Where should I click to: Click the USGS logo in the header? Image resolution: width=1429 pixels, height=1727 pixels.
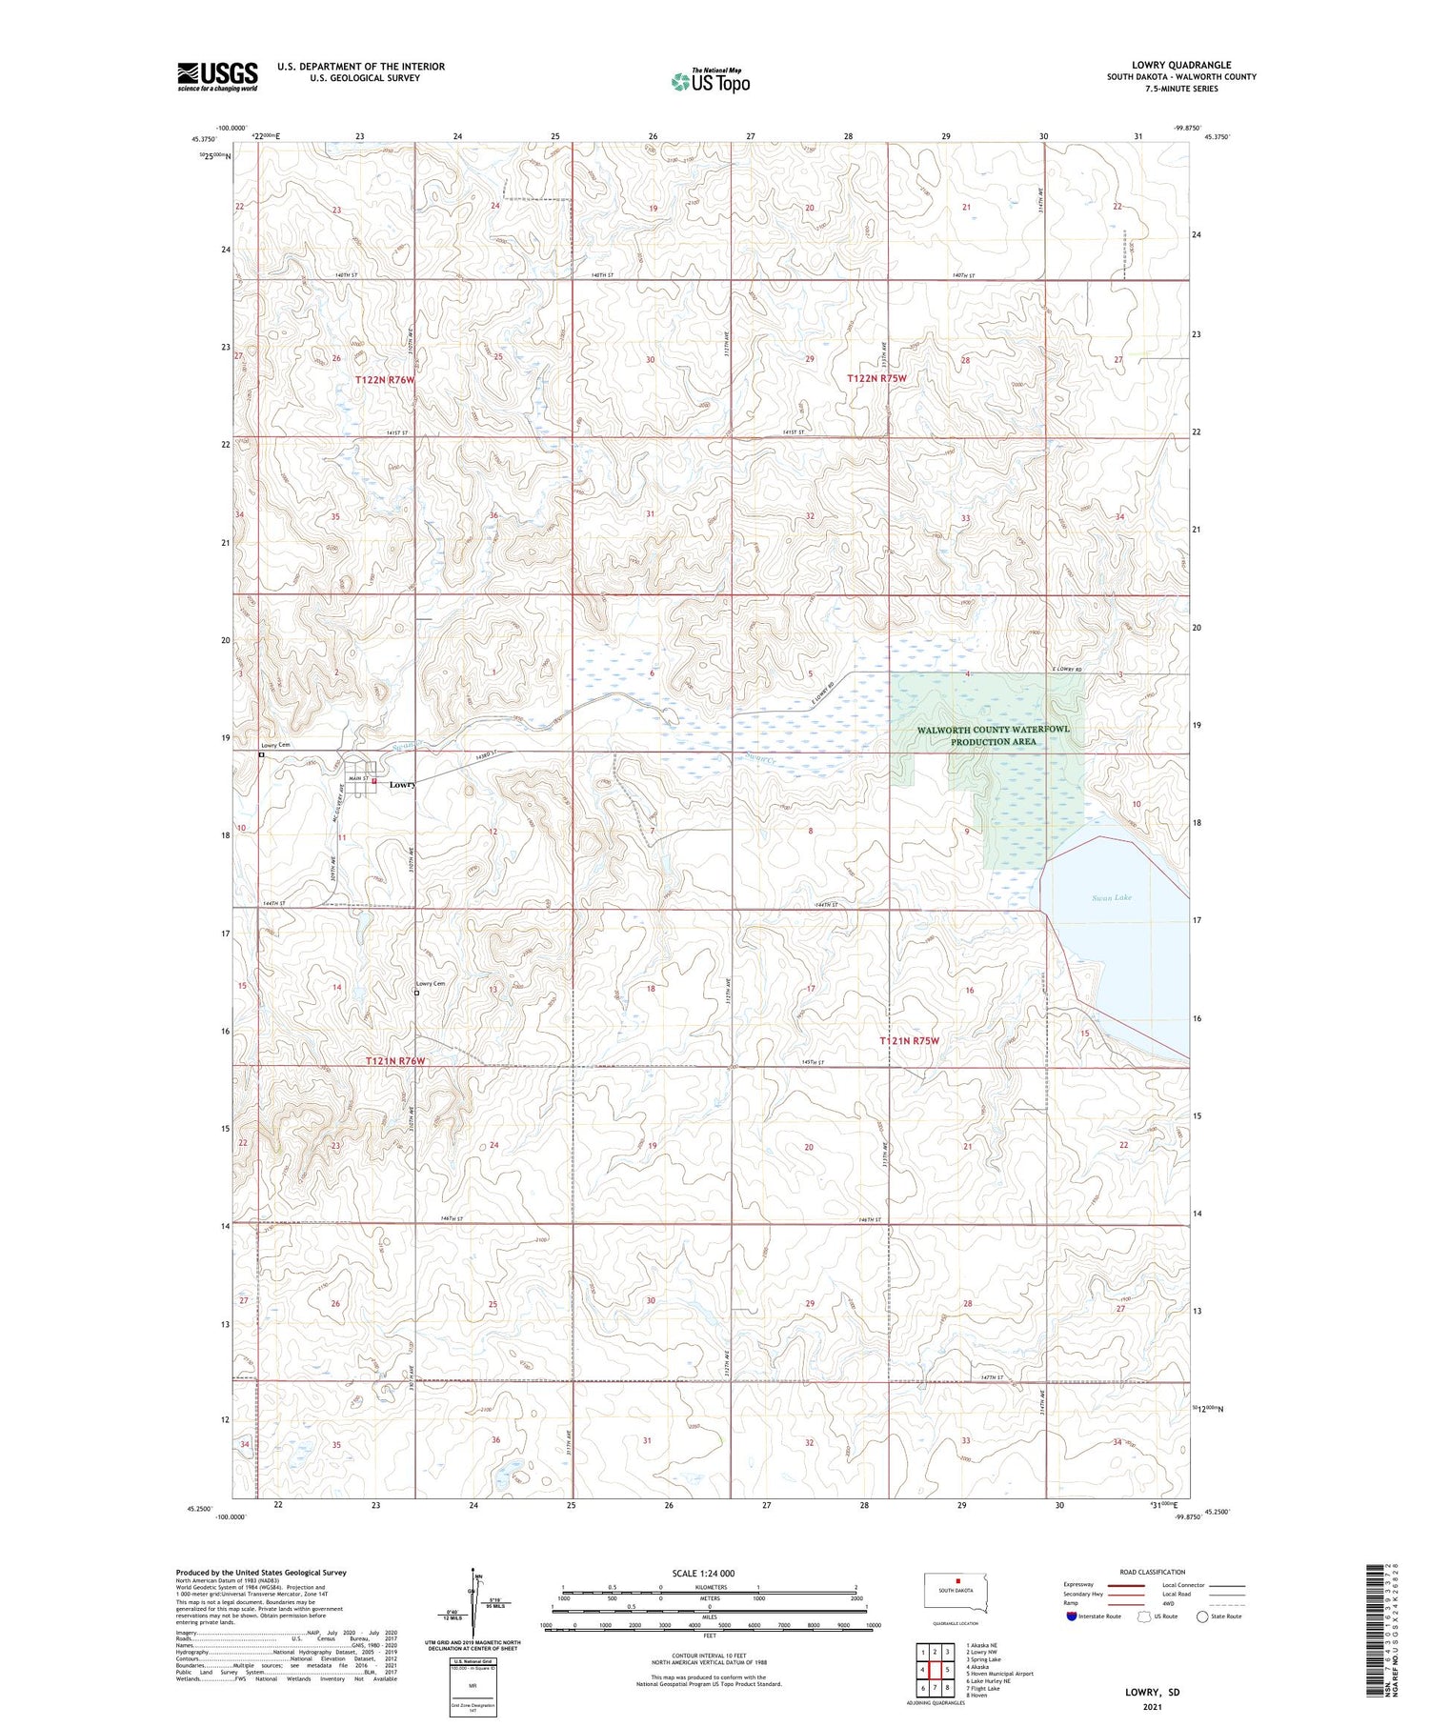point(217,76)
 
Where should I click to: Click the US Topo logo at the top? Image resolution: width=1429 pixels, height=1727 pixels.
point(711,81)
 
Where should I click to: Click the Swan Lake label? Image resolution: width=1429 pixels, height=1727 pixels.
point(1111,897)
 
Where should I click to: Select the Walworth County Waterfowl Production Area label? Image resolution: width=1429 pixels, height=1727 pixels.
point(993,735)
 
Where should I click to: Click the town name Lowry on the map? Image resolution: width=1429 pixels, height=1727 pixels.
point(402,784)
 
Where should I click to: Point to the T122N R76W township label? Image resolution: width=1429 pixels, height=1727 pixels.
point(385,380)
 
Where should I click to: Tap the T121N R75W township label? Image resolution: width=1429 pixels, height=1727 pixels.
point(909,1041)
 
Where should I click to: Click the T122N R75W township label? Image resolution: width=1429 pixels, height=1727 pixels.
point(876,378)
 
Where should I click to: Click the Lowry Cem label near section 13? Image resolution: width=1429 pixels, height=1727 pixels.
point(431,983)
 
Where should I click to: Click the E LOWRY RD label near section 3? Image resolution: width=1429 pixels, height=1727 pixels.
point(1067,670)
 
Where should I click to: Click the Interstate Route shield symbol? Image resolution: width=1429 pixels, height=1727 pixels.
point(1072,1617)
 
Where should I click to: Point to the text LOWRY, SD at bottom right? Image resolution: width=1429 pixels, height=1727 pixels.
point(1152,1692)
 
